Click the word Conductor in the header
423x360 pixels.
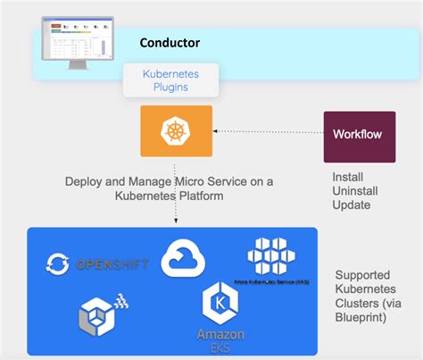click(170, 42)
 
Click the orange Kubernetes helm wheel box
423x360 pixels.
click(176, 131)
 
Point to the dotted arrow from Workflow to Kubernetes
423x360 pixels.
click(268, 132)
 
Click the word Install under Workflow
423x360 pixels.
click(346, 177)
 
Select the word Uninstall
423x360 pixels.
click(354, 191)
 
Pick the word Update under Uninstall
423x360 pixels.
click(351, 205)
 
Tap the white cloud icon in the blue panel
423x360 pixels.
click(183, 259)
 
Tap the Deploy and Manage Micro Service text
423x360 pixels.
click(170, 188)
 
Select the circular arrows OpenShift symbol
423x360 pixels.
click(60, 265)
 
